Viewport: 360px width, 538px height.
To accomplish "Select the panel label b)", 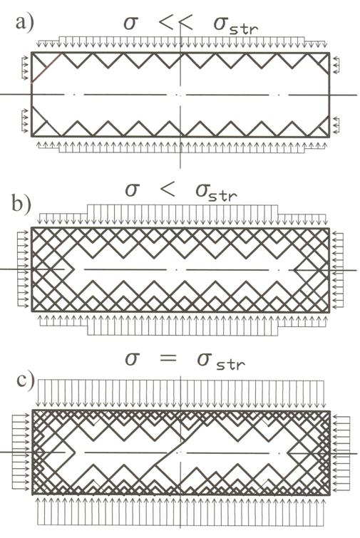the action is pyautogui.click(x=21, y=204).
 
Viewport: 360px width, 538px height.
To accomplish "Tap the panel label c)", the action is pyautogui.click(x=26, y=381).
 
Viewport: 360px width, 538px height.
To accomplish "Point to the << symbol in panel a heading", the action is pyautogui.click(x=175, y=24).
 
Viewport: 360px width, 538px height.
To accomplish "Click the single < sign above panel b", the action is pyautogui.click(x=168, y=190).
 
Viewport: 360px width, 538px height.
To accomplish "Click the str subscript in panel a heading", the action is pyautogui.click(x=244, y=29).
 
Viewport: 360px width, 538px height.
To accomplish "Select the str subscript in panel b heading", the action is pyautogui.click(x=223, y=195).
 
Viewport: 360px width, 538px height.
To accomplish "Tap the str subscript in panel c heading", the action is pyautogui.click(x=230, y=364).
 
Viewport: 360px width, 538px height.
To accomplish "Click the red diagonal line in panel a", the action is pyautogui.click(x=46, y=68).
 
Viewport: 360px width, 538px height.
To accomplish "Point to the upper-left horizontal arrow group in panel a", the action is pyautogui.click(x=25, y=68).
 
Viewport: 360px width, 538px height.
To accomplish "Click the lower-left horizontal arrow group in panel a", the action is pyautogui.click(x=25, y=120).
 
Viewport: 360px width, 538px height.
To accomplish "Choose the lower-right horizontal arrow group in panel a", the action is pyautogui.click(x=336, y=125).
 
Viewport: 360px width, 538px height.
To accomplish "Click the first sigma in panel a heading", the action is pyautogui.click(x=130, y=24).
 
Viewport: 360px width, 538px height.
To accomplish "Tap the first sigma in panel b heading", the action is pyautogui.click(x=132, y=190).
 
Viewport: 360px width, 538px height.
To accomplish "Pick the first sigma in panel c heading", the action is pyautogui.click(x=132, y=358).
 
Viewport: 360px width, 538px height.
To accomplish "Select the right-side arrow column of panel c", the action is pyautogui.click(x=341, y=454).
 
